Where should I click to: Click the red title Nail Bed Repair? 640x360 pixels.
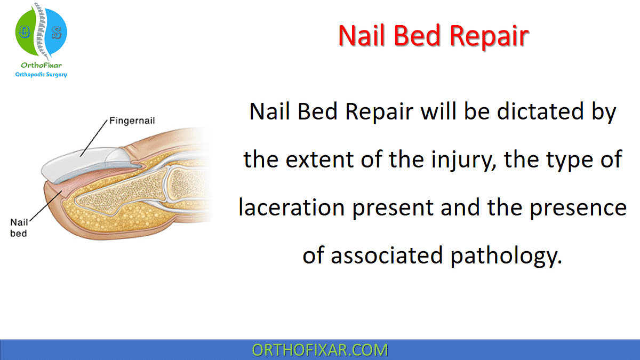pos(434,36)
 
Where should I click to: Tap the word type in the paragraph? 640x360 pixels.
pos(568,160)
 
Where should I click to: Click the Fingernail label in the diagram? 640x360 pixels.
pos(132,121)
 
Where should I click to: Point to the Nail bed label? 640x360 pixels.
pos(19,228)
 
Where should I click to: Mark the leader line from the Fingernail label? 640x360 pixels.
pos(94,138)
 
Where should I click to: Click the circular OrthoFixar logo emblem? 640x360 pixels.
pos(41,32)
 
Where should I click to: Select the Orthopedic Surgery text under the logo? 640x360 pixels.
pos(41,75)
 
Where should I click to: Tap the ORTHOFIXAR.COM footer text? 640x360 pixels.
pos(320,350)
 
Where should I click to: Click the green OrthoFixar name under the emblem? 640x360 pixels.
pos(41,65)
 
